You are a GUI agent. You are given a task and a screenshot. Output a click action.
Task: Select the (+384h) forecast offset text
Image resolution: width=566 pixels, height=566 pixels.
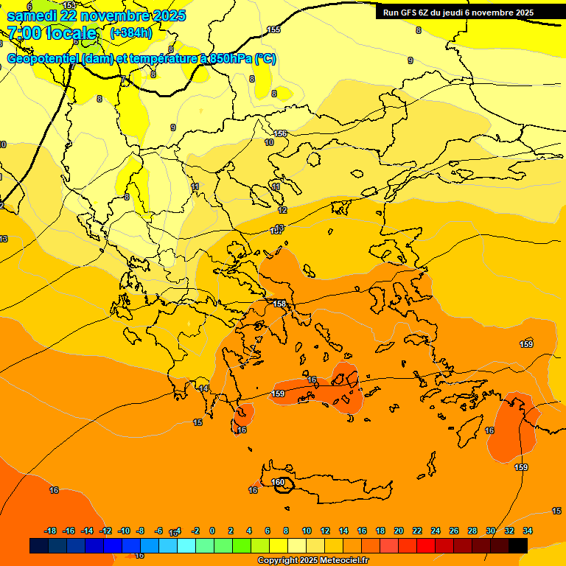(131, 33)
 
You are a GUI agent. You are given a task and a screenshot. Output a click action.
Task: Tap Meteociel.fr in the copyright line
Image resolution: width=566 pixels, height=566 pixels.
(340, 561)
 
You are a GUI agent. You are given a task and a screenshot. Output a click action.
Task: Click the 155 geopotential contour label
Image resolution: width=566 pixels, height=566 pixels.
(273, 29)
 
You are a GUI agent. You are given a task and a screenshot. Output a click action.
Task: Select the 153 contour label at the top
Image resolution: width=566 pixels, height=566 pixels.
(69, 5)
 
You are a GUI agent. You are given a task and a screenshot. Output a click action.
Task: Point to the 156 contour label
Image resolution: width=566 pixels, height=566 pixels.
(280, 133)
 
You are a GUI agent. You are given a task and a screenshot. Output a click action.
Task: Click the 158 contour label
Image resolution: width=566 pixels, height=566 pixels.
(279, 304)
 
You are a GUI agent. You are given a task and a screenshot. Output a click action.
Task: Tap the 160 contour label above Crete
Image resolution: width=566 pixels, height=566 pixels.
(278, 482)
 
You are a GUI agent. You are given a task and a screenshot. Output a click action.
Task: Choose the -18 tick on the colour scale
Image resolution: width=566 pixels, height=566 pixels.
(50, 531)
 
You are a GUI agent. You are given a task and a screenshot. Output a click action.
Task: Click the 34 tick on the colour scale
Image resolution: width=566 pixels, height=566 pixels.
(528, 531)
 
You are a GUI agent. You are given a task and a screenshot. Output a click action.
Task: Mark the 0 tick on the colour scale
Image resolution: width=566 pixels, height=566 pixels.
(212, 531)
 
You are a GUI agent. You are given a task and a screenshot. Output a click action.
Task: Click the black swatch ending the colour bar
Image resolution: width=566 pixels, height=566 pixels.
(518, 545)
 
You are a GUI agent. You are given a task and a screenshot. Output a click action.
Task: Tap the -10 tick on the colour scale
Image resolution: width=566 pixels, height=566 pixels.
(124, 531)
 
